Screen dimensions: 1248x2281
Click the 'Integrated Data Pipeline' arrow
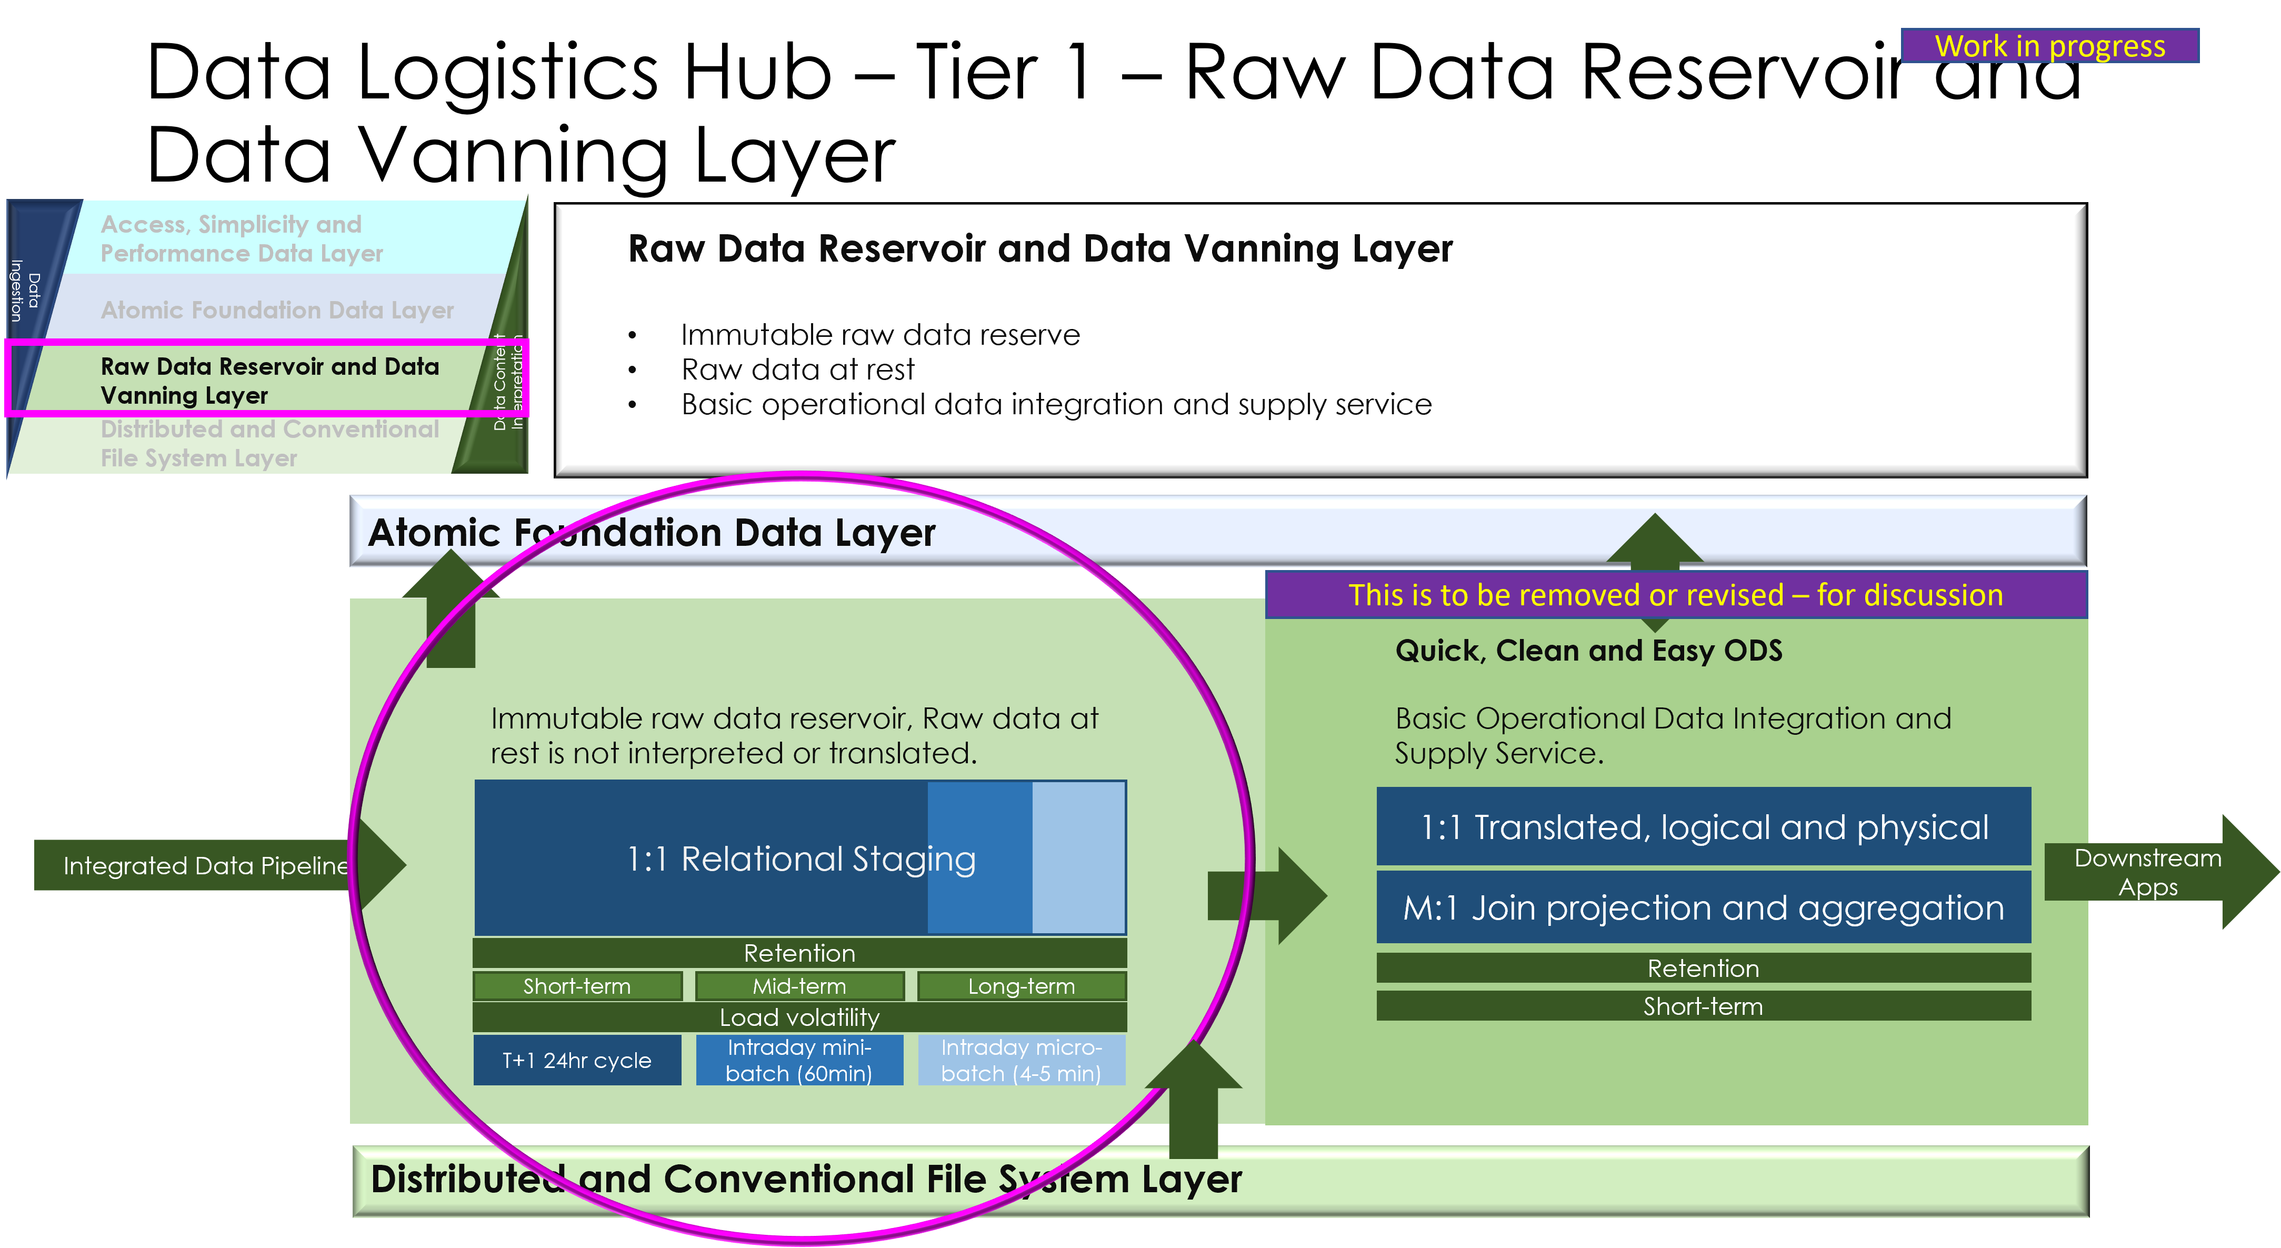(x=205, y=865)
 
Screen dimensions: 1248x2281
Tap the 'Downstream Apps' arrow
(x=2147, y=873)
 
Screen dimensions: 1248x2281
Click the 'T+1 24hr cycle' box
(x=576, y=1060)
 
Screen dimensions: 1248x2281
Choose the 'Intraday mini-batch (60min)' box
(x=799, y=1060)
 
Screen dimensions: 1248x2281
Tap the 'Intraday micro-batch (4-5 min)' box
(x=1021, y=1060)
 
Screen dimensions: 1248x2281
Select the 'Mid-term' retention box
(x=799, y=986)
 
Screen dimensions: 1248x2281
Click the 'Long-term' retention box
(x=1021, y=986)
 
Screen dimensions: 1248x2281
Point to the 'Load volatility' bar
(x=799, y=1017)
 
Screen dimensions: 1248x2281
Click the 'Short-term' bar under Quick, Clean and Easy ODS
(x=1703, y=1006)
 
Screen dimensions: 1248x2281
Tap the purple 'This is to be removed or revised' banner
(x=1675, y=594)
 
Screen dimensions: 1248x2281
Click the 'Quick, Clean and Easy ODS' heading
(x=1588, y=651)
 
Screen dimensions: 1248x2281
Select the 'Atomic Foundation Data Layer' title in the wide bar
(x=652, y=532)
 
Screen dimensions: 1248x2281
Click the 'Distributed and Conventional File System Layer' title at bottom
(x=806, y=1179)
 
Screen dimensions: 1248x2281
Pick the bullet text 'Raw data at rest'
(x=797, y=370)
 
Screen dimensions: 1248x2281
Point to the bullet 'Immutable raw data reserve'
(x=880, y=335)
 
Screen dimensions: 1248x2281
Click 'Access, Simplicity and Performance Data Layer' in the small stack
(x=241, y=238)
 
